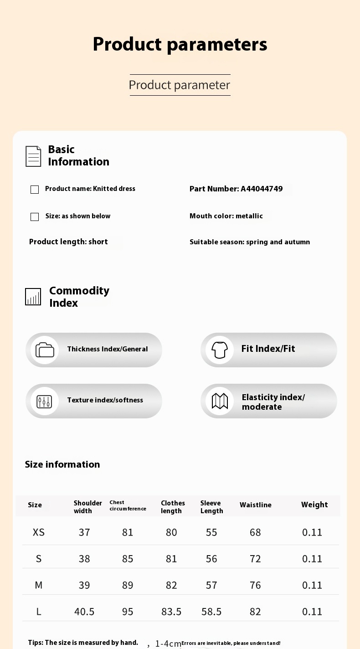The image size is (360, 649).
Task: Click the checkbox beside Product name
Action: pos(35,190)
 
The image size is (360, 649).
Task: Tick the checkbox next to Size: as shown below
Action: pos(35,217)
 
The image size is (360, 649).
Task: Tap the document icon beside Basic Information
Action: pos(33,156)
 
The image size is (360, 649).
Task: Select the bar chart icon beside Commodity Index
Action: pos(33,297)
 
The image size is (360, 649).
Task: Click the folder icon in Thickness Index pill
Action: pos(45,350)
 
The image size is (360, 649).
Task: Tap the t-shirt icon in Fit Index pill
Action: pos(220,350)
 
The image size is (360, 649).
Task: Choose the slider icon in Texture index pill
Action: pos(45,401)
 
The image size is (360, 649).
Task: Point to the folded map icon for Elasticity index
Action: pos(220,401)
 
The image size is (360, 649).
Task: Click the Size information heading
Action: pos(62,464)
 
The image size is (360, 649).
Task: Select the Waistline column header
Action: pos(255,505)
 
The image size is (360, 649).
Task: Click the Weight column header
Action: pos(314,505)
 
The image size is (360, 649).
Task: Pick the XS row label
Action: pos(39,532)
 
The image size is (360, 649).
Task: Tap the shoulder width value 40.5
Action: pos(84,612)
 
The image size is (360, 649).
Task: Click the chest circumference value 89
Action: pos(128,585)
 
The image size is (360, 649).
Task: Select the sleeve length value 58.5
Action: pos(211,612)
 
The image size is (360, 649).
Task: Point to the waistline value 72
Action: pos(255,559)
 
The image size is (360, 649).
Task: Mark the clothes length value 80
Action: pos(171,532)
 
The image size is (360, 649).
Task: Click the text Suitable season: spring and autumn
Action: pos(250,242)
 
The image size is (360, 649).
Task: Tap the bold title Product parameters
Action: pos(180,44)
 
